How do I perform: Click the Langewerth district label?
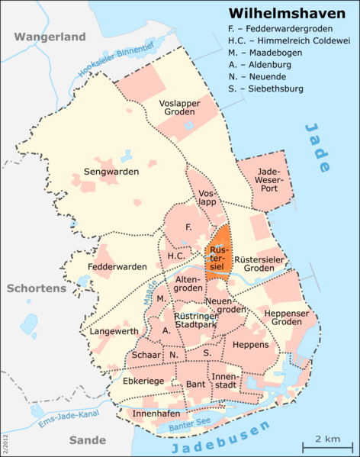(114, 331)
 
